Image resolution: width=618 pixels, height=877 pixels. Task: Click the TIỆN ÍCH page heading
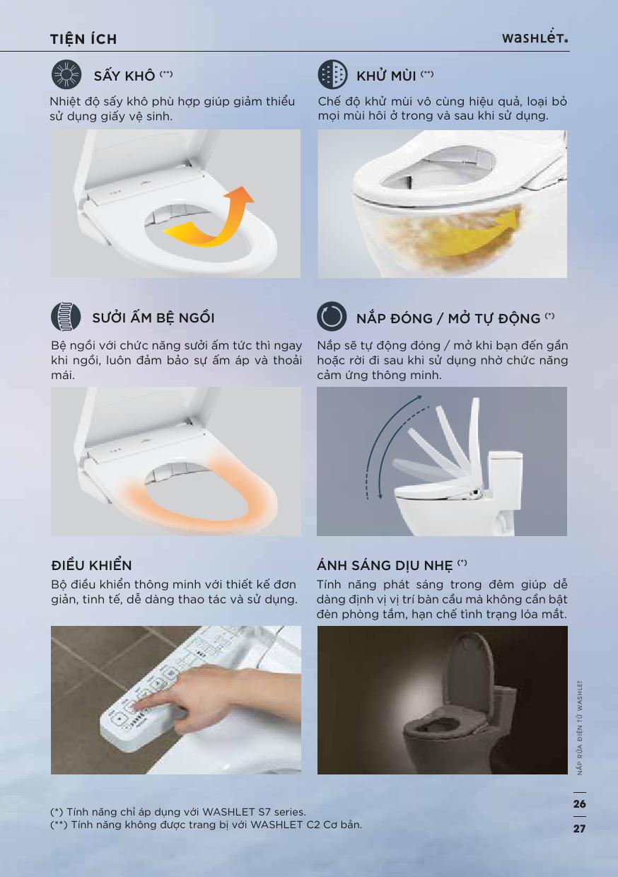[83, 39]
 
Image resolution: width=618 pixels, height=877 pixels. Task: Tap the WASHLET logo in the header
[535, 38]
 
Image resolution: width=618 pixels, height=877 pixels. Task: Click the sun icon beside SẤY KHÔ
[66, 74]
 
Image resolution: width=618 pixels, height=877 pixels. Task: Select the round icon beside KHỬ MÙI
[332, 74]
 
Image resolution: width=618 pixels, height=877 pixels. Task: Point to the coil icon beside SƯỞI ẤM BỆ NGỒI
[66, 317]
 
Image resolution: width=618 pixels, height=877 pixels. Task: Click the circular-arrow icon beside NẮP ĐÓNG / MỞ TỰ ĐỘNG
[332, 316]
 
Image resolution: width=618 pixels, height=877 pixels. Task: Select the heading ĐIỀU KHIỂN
[91, 565]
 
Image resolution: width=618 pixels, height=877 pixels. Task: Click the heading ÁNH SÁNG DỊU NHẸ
[385, 565]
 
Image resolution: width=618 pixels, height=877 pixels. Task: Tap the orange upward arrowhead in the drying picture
[241, 196]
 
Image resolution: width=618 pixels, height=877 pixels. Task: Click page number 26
[579, 803]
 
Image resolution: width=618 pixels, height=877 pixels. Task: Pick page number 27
[579, 828]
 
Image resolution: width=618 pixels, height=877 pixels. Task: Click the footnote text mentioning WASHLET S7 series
[178, 812]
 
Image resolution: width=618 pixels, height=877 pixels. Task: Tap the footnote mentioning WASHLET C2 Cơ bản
[206, 825]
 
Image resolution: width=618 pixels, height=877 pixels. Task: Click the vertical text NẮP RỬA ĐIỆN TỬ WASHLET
[580, 728]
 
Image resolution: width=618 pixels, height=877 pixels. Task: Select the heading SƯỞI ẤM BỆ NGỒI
[153, 318]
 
